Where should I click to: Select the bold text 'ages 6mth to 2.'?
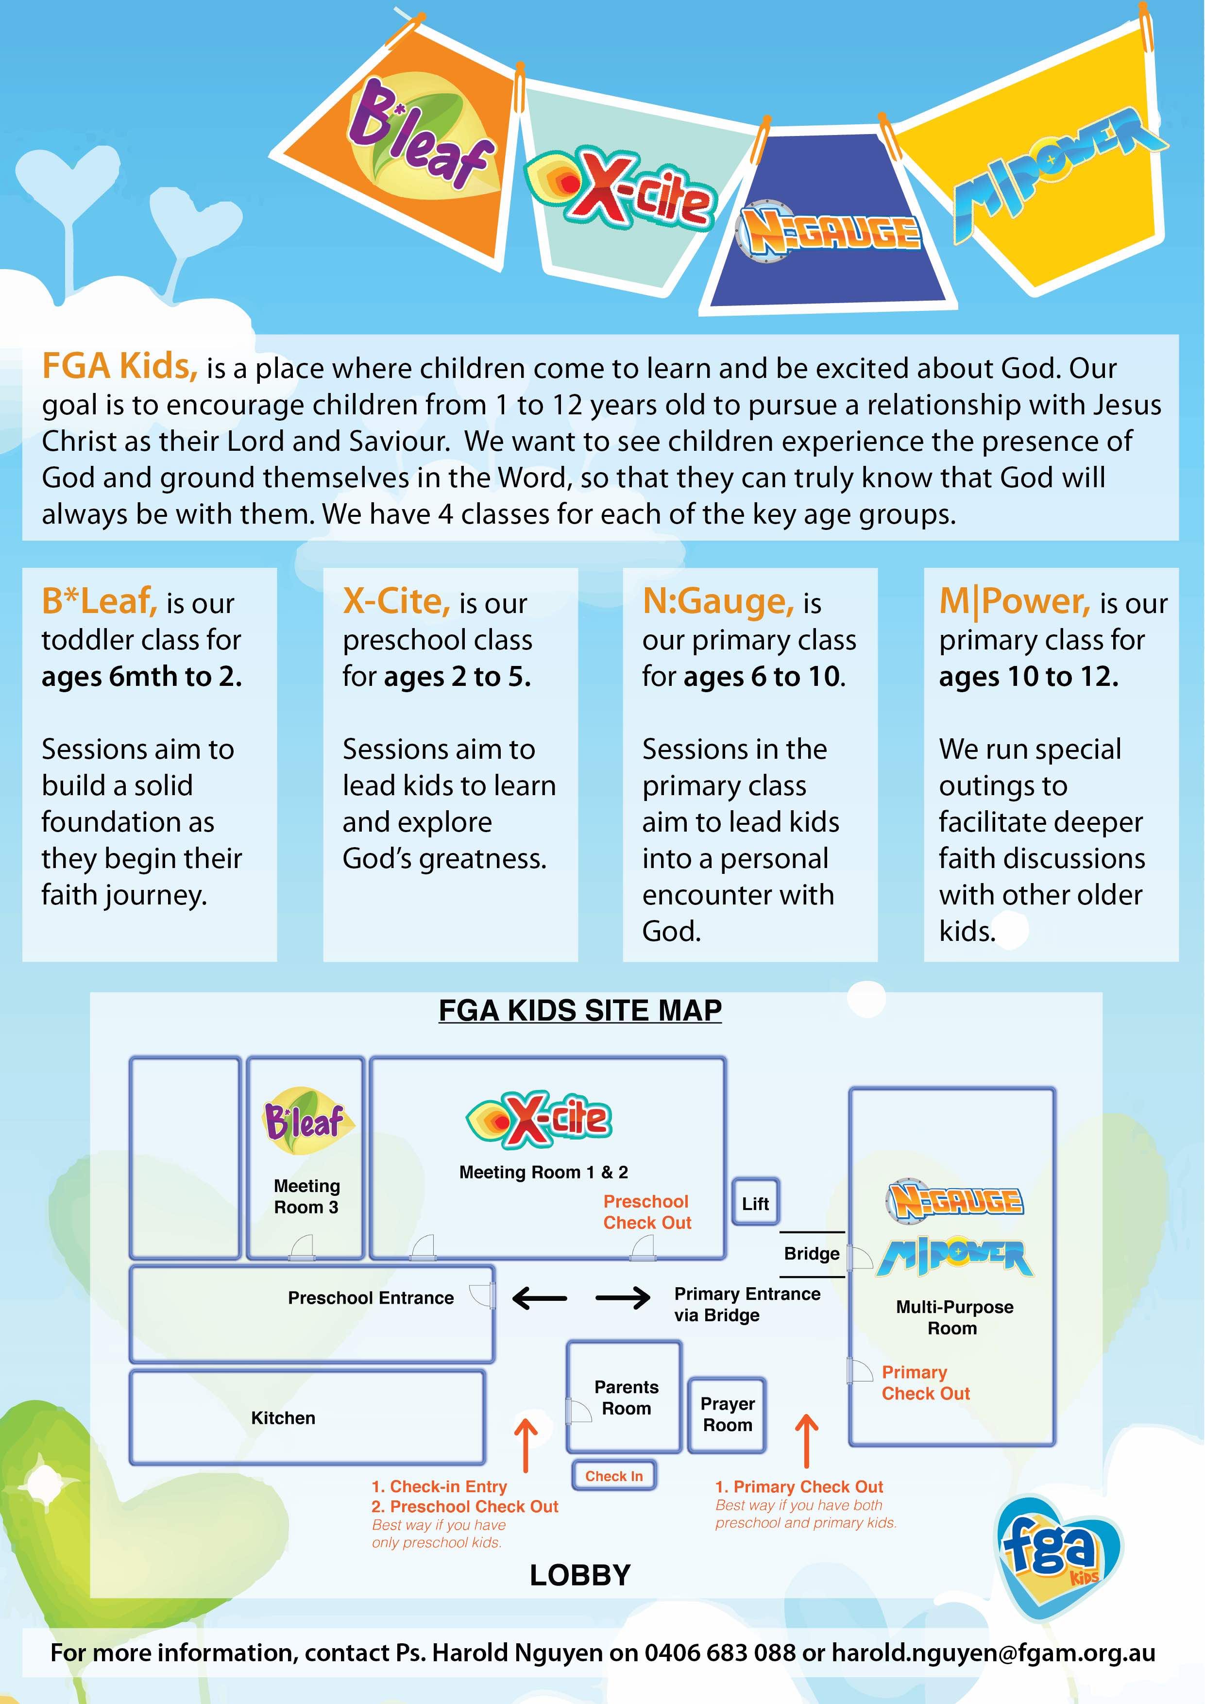[141, 676]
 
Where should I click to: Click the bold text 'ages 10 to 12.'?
[1028, 676]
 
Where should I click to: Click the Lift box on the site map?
[755, 1203]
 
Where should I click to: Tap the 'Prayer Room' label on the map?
[727, 1414]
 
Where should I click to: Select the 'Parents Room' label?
[626, 1397]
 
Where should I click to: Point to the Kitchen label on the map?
[283, 1418]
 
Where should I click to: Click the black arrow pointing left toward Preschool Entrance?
[540, 1298]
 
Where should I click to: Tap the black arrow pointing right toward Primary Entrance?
[623, 1298]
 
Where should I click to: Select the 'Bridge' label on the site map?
[812, 1254]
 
